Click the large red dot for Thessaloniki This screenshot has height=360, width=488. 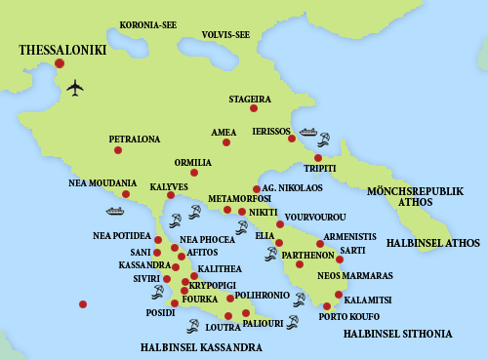pos(60,63)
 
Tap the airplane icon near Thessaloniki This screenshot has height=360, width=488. pos(75,88)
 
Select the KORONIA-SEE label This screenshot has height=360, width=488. pos(148,24)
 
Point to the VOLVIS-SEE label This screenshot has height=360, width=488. pos(226,35)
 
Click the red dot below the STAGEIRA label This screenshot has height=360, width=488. pos(254,108)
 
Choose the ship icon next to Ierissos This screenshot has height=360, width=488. pos(308,132)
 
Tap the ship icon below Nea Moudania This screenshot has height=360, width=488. pos(115,210)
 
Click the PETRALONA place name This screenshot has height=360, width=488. pos(135,140)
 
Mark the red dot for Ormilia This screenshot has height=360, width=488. pos(194,173)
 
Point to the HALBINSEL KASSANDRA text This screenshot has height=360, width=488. pos(201,347)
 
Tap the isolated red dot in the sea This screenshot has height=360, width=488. pos(83,304)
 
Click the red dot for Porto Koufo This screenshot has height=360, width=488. pos(327,306)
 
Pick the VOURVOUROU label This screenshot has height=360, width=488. pos(317,216)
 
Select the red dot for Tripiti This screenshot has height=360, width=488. pos(318,158)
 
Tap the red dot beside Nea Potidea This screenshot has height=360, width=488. pos(158,239)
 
